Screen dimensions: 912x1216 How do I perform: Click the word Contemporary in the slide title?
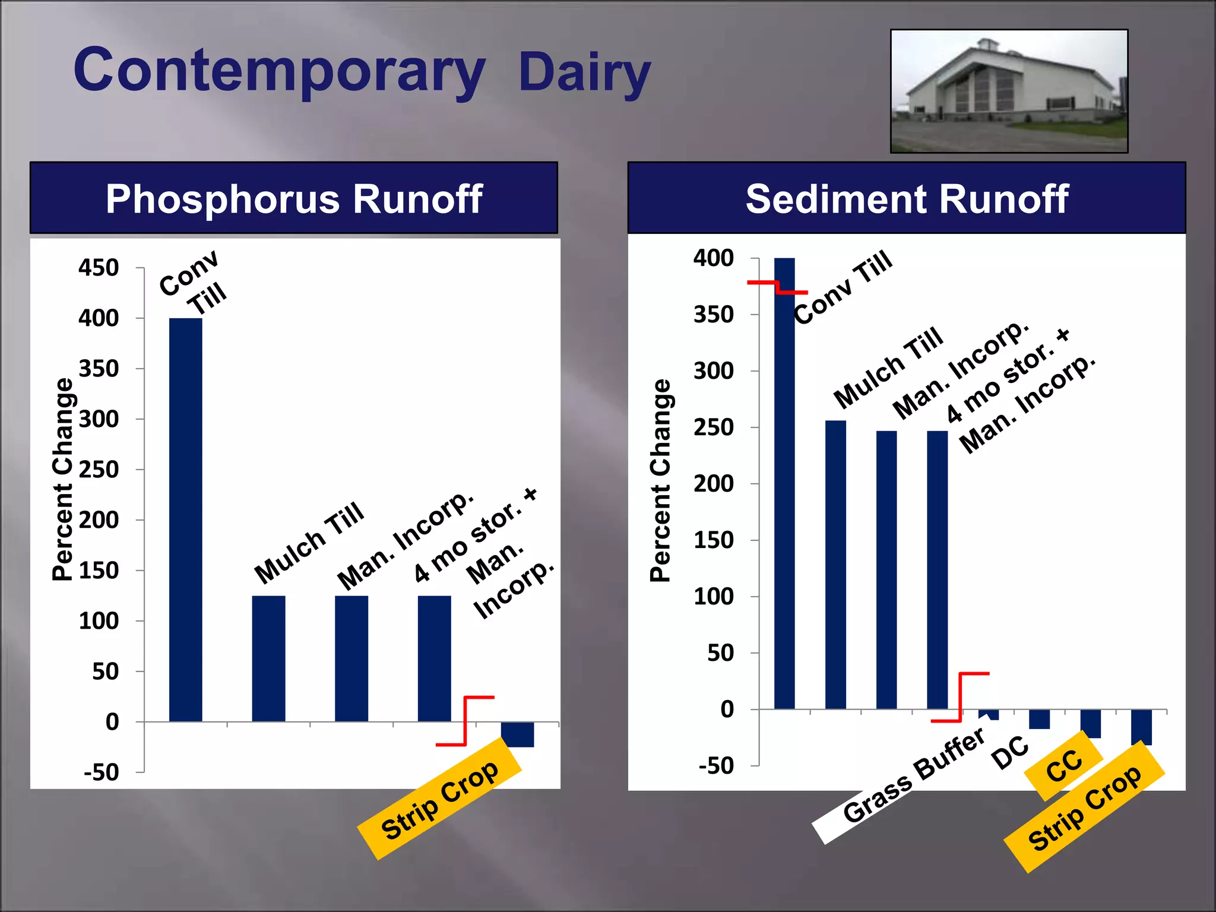point(279,71)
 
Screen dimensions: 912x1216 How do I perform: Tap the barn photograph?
point(1009,91)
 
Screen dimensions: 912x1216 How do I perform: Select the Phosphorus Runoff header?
point(294,198)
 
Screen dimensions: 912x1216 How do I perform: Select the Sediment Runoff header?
point(907,198)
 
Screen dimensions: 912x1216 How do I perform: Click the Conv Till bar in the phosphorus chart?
point(185,520)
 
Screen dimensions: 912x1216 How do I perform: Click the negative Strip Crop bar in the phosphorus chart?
point(517,734)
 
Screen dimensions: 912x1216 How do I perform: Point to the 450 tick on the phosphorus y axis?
point(99,268)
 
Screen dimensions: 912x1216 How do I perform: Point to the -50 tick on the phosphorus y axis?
point(101,772)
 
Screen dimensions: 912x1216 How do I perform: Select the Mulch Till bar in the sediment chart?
point(835,564)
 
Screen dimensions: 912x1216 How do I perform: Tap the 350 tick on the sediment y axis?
point(714,314)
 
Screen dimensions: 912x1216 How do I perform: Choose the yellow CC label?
point(1064,766)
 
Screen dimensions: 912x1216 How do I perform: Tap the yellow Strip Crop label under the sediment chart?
point(1084,808)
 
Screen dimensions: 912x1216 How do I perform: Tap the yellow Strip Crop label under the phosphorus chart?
point(439,799)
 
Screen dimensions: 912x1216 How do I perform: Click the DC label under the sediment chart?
point(1009,753)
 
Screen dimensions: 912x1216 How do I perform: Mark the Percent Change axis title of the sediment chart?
point(660,480)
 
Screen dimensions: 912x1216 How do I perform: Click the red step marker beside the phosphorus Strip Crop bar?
point(465,720)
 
